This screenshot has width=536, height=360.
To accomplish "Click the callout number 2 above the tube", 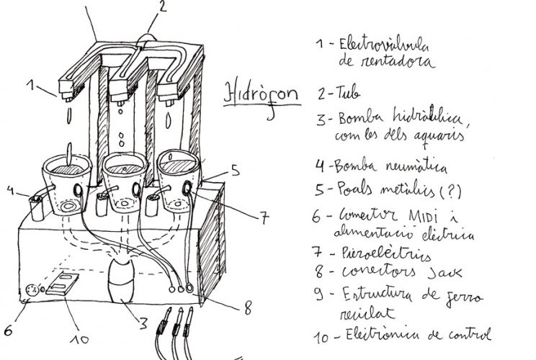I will (163, 8).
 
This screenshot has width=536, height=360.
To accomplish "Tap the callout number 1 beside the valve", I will (31, 84).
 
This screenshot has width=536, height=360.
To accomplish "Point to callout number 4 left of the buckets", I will (11, 192).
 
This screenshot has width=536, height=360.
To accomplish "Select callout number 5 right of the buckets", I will (234, 171).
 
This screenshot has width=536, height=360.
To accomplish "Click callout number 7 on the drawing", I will (264, 215).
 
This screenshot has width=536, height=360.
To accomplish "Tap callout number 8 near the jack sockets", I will (247, 310).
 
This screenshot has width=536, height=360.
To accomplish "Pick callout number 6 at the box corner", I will (9, 332).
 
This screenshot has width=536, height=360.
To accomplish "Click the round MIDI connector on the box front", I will (31, 292).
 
